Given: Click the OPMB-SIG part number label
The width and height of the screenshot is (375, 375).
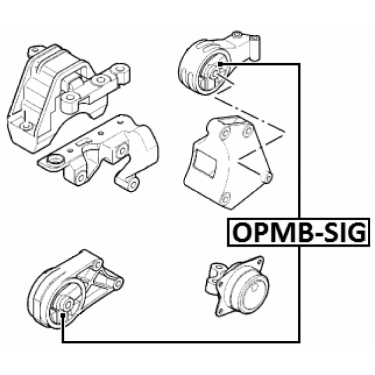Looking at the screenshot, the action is [x=299, y=232].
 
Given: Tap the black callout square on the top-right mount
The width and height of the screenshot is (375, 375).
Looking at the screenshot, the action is [x=220, y=64].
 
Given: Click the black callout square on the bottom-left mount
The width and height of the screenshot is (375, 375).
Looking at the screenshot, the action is [x=63, y=315].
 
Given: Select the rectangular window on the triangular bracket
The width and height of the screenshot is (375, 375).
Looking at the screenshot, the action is [x=205, y=163].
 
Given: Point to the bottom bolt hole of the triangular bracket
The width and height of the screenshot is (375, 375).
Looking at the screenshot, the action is [x=225, y=198].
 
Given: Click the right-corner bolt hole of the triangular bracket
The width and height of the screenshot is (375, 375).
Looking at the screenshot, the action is [x=269, y=178].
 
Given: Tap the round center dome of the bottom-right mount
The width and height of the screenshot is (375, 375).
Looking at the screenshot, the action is [x=254, y=288].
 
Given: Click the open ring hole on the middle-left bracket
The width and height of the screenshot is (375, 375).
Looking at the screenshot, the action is [x=55, y=159].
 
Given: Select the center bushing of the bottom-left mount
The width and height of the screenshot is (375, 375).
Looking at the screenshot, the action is [x=67, y=304].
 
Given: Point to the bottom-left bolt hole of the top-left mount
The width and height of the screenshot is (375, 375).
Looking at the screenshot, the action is [x=25, y=126].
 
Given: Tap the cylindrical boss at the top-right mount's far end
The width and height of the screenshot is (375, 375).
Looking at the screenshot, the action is [x=255, y=47].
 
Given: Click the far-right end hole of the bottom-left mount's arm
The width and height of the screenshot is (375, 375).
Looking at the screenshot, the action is [x=118, y=284].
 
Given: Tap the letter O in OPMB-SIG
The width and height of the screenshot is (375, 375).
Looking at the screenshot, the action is [x=242, y=232].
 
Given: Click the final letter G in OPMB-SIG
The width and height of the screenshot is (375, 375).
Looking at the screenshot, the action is [x=356, y=232].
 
